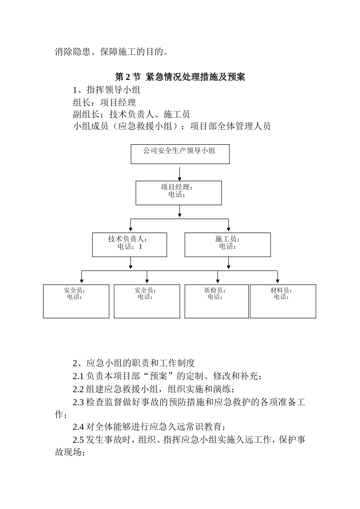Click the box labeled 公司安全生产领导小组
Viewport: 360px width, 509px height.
pos(180,154)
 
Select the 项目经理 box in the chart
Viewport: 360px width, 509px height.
pos(178,193)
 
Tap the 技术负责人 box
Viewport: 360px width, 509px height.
pos(130,244)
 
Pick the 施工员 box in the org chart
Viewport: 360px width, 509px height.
pos(227,244)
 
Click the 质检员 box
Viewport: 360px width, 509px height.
pos(216,301)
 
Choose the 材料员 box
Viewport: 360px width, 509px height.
pos(283,301)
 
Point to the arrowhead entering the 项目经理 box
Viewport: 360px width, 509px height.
pos(179,178)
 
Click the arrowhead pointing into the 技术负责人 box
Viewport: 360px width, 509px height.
pos(131,230)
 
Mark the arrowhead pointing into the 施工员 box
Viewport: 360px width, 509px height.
pos(229,230)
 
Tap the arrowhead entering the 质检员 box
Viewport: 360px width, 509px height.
pos(218,282)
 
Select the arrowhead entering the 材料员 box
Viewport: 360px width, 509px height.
pos(277,282)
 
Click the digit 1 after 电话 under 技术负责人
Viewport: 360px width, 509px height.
pos(140,247)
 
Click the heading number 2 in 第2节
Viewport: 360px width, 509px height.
pos(128,77)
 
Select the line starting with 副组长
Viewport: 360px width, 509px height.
pos(131,114)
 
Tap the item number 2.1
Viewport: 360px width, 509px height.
pos(78,376)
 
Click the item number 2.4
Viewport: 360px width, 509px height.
pos(78,427)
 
